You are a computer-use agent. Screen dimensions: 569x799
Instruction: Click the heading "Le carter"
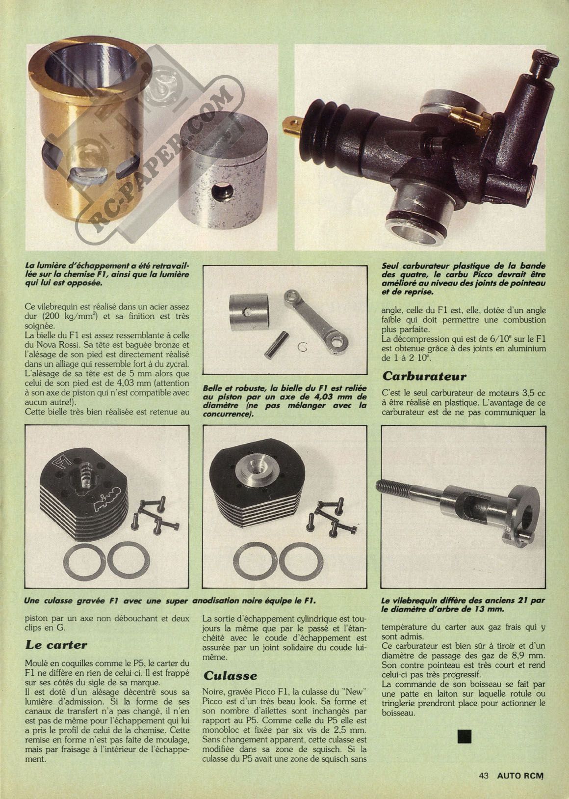(56, 645)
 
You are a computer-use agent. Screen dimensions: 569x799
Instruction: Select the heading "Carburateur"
(424, 376)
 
